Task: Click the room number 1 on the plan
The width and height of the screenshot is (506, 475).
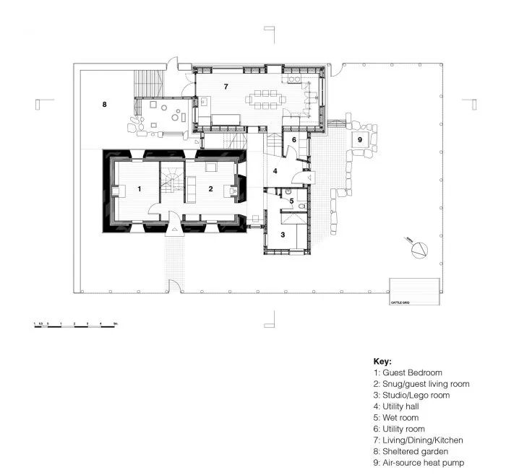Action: click(139, 188)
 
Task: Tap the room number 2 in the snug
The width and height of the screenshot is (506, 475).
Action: click(210, 188)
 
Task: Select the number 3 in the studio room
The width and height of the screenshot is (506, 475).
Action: click(283, 235)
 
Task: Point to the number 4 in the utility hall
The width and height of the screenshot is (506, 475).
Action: click(275, 171)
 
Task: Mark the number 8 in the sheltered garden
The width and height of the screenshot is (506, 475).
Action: click(104, 105)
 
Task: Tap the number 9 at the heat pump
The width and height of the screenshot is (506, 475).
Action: click(359, 139)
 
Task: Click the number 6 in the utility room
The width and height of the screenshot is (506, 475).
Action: click(294, 139)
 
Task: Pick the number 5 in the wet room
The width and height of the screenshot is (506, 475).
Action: click(291, 201)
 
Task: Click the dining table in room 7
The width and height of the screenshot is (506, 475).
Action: click(265, 99)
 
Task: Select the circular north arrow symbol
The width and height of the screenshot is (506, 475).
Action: click(420, 250)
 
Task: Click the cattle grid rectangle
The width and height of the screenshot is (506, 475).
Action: click(414, 292)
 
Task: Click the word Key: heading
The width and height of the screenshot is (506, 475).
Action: click(382, 361)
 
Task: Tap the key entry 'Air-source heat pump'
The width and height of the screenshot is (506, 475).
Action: click(419, 463)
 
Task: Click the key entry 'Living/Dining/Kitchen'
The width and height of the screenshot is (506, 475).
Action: click(419, 440)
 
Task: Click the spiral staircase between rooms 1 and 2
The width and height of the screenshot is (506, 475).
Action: click(172, 180)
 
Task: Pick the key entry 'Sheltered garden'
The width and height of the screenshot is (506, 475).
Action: click(411, 451)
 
